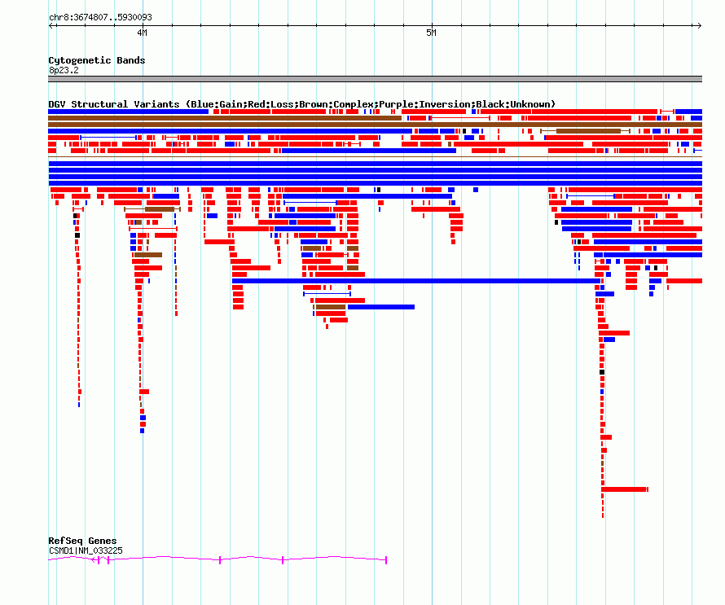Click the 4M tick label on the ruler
[142, 33]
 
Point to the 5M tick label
[431, 33]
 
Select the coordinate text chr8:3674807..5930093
[100, 18]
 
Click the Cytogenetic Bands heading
[97, 60]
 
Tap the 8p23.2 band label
[64, 70]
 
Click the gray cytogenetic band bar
[375, 79]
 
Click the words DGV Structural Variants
[114, 104]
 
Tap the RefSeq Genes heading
[82, 541]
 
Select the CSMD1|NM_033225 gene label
[86, 550]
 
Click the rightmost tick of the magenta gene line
[386, 560]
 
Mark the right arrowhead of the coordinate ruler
[700, 26]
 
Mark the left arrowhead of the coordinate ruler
[51, 26]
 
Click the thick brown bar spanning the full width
[375, 125]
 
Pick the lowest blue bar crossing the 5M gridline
[416, 281]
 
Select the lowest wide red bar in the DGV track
[624, 489]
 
